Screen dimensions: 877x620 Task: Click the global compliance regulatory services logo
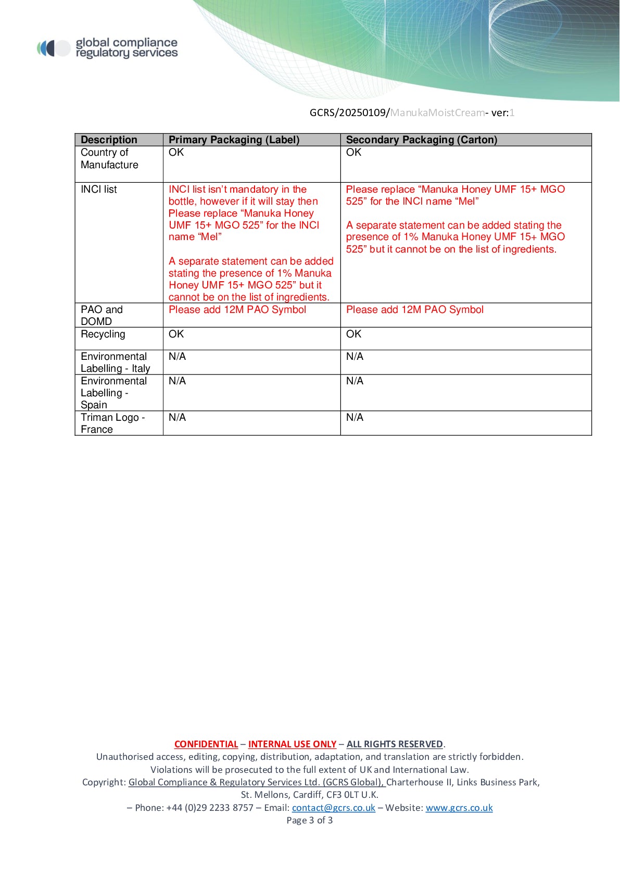point(108,48)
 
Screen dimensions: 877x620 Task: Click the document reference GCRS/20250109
point(349,112)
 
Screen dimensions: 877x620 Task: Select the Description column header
point(109,140)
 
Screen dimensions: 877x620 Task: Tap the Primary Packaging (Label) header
point(234,140)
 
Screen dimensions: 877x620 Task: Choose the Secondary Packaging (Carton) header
point(421,140)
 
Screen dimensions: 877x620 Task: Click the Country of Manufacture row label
point(109,159)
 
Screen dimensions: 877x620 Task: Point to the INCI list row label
point(99,190)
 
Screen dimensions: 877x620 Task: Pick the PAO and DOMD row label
point(102,316)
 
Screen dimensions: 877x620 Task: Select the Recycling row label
point(103,334)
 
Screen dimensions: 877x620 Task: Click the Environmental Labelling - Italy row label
point(115,362)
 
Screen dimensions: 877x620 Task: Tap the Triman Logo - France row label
point(112,423)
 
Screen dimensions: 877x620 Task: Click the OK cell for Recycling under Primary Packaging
point(176,334)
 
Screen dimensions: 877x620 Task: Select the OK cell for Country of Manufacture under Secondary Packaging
point(353,153)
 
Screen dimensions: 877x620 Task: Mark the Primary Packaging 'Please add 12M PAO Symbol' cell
point(237,310)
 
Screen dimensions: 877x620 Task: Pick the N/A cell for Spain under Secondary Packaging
point(355,381)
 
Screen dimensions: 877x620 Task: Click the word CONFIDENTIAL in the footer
point(206,744)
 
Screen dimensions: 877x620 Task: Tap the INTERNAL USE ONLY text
point(292,744)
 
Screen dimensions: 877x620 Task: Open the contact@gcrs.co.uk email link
point(333,808)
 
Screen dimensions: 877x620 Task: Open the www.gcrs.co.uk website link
point(459,808)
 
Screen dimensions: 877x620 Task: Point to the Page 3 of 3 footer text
point(310,820)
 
